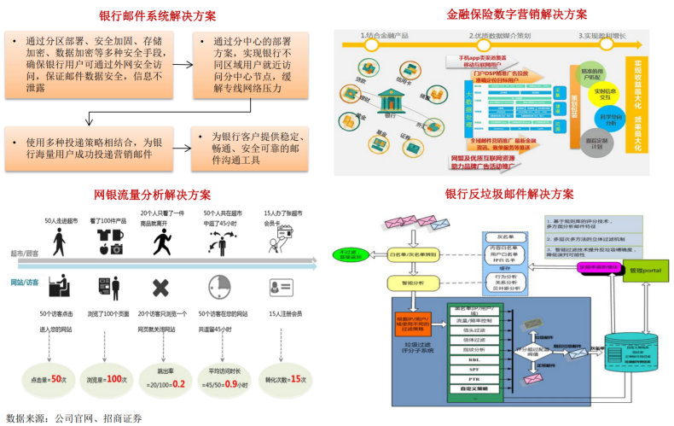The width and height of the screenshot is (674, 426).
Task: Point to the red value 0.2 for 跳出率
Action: (x=178, y=384)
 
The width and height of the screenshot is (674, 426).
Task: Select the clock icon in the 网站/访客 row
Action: (x=220, y=285)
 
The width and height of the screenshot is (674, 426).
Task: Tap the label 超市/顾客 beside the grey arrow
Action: (x=25, y=254)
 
